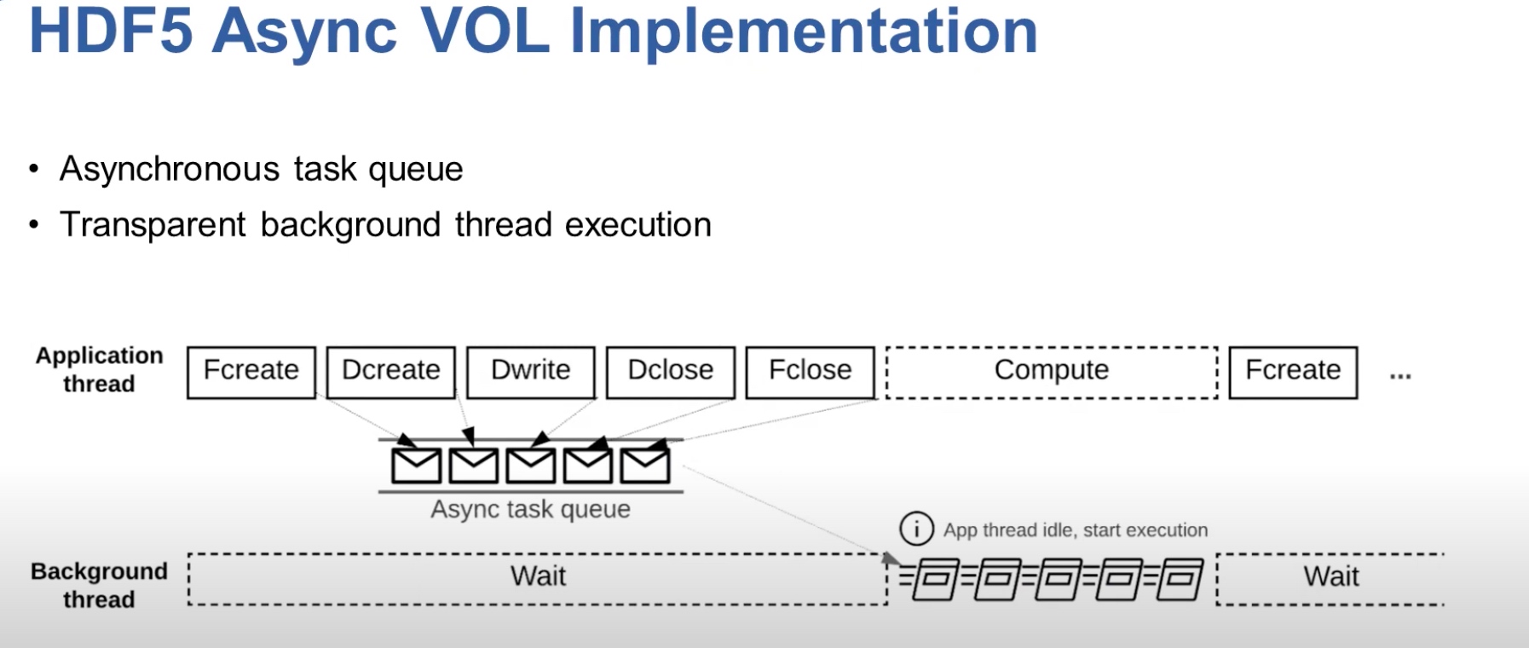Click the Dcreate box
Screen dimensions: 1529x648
pyautogui.click(x=391, y=372)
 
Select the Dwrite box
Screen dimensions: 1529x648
pyautogui.click(x=531, y=372)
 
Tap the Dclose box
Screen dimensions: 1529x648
pyautogui.click(x=671, y=372)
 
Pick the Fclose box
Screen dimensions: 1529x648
pyautogui.click(x=811, y=372)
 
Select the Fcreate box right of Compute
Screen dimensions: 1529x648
pyautogui.click(x=1293, y=372)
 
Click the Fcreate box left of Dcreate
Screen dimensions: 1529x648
pyautogui.click(x=251, y=372)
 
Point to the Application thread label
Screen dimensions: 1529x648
pyautogui.click(x=99, y=370)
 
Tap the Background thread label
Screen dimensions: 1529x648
pyautogui.click(x=99, y=585)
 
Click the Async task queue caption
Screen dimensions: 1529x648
pyautogui.click(x=530, y=509)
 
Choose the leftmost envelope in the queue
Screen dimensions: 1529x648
pyautogui.click(x=416, y=466)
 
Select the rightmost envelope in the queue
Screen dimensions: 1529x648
pyautogui.click(x=645, y=466)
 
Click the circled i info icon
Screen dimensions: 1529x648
pyautogui.click(x=916, y=529)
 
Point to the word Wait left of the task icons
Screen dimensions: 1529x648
pyautogui.click(x=538, y=576)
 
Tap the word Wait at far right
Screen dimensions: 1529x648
pyautogui.click(x=1331, y=576)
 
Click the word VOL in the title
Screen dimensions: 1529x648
pyautogui.click(x=485, y=31)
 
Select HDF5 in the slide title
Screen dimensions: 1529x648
pyautogui.click(x=111, y=31)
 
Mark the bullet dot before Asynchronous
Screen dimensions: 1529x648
pyautogui.click(x=33, y=169)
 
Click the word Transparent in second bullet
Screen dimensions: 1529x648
pyautogui.click(x=153, y=225)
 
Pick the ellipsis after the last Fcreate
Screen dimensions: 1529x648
pyautogui.click(x=1400, y=375)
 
